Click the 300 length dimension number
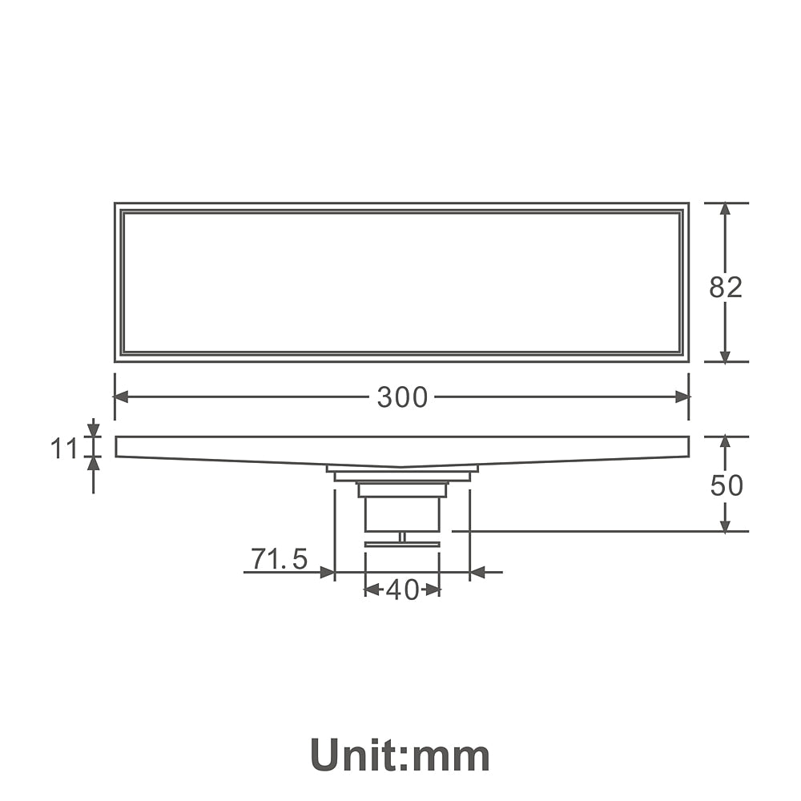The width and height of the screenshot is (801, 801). tap(402, 397)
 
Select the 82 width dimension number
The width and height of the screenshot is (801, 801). tap(726, 287)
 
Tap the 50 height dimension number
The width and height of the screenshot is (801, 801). tap(727, 485)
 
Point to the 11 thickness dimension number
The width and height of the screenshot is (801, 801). tap(63, 449)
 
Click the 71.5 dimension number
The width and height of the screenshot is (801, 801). tap(279, 558)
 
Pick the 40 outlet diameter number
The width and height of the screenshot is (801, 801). tap(403, 590)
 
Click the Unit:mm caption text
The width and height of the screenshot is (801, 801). tap(400, 755)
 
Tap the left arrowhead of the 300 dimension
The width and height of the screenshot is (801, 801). tap(122, 397)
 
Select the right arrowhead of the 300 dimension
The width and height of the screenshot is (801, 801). tap(682, 397)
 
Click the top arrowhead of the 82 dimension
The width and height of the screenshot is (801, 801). tap(724, 210)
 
